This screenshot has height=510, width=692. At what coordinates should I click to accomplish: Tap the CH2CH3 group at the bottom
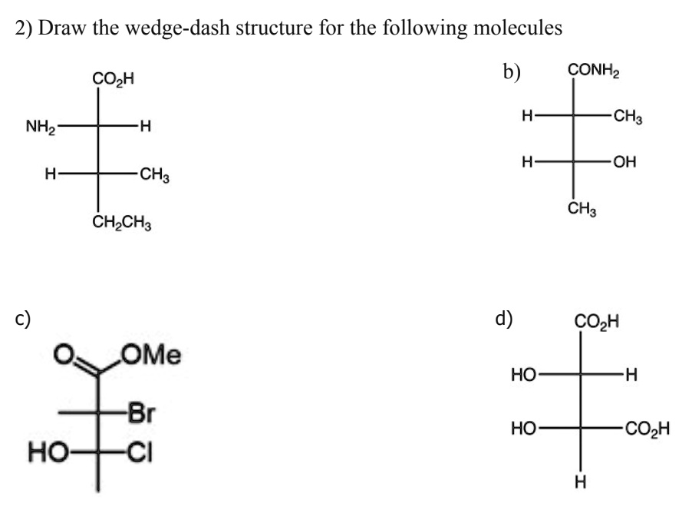point(123,225)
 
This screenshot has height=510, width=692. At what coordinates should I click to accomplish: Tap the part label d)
point(506,317)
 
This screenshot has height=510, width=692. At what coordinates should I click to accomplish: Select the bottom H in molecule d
point(580,482)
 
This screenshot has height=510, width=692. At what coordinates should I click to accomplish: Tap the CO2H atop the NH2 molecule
point(113,78)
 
